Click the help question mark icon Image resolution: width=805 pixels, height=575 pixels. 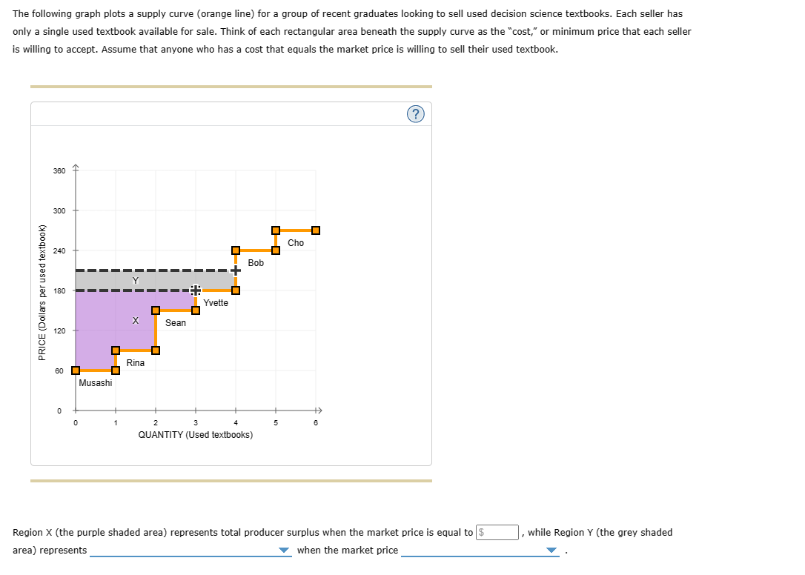tap(416, 113)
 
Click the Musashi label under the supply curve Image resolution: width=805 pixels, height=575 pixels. tap(96, 383)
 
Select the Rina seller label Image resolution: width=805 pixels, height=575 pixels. tap(136, 363)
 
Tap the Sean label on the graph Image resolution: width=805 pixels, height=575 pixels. tap(176, 323)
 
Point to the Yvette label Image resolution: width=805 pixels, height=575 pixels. tap(216, 303)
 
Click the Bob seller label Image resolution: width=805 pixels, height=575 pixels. tap(256, 263)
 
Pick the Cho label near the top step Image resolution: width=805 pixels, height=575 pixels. tap(296, 243)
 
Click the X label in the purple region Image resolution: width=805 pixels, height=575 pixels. tap(135, 322)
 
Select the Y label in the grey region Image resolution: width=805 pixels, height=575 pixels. tap(135, 280)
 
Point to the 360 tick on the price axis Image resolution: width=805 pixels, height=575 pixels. tap(59, 171)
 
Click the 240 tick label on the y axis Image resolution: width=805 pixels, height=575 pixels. tap(59, 251)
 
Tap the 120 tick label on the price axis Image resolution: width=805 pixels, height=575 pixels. tap(59, 330)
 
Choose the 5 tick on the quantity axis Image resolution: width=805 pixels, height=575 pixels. tap(275, 423)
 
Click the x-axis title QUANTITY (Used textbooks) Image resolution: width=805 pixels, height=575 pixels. tap(195, 435)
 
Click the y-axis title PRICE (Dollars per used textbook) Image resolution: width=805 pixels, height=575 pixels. tap(42, 291)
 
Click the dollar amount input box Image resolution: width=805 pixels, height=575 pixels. tap(497, 532)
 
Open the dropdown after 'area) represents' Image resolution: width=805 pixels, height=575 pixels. tap(191, 551)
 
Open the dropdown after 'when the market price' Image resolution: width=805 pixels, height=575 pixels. tap(479, 551)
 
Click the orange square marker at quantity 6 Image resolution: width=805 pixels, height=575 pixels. tap(316, 230)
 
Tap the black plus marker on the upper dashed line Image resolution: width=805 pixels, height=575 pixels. tap(235, 270)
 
